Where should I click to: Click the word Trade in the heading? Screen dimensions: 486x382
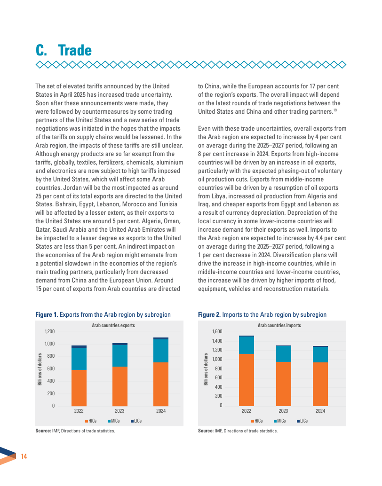click(x=75, y=50)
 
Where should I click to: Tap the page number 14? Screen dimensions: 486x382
click(x=24, y=456)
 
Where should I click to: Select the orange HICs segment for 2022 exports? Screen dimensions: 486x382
click(x=79, y=387)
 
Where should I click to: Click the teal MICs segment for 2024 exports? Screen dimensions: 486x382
click(x=161, y=351)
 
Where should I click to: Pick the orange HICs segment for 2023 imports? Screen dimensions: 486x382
click(x=283, y=384)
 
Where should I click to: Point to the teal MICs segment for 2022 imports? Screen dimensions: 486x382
click(x=246, y=345)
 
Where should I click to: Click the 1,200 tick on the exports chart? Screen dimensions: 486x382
click(x=49, y=331)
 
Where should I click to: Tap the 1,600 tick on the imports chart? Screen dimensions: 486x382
click(x=216, y=332)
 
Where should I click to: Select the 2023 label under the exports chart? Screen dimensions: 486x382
click(x=120, y=411)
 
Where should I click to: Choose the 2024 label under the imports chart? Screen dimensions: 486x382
click(x=320, y=411)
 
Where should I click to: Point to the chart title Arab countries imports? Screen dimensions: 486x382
click(x=279, y=325)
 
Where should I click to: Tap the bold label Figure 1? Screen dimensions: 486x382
click(x=47, y=314)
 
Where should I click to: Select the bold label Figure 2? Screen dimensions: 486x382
click(x=209, y=314)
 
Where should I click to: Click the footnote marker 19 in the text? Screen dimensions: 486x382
click(x=335, y=110)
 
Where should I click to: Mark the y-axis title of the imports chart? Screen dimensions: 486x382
click(x=206, y=369)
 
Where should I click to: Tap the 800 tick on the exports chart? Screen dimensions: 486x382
click(x=51, y=356)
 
